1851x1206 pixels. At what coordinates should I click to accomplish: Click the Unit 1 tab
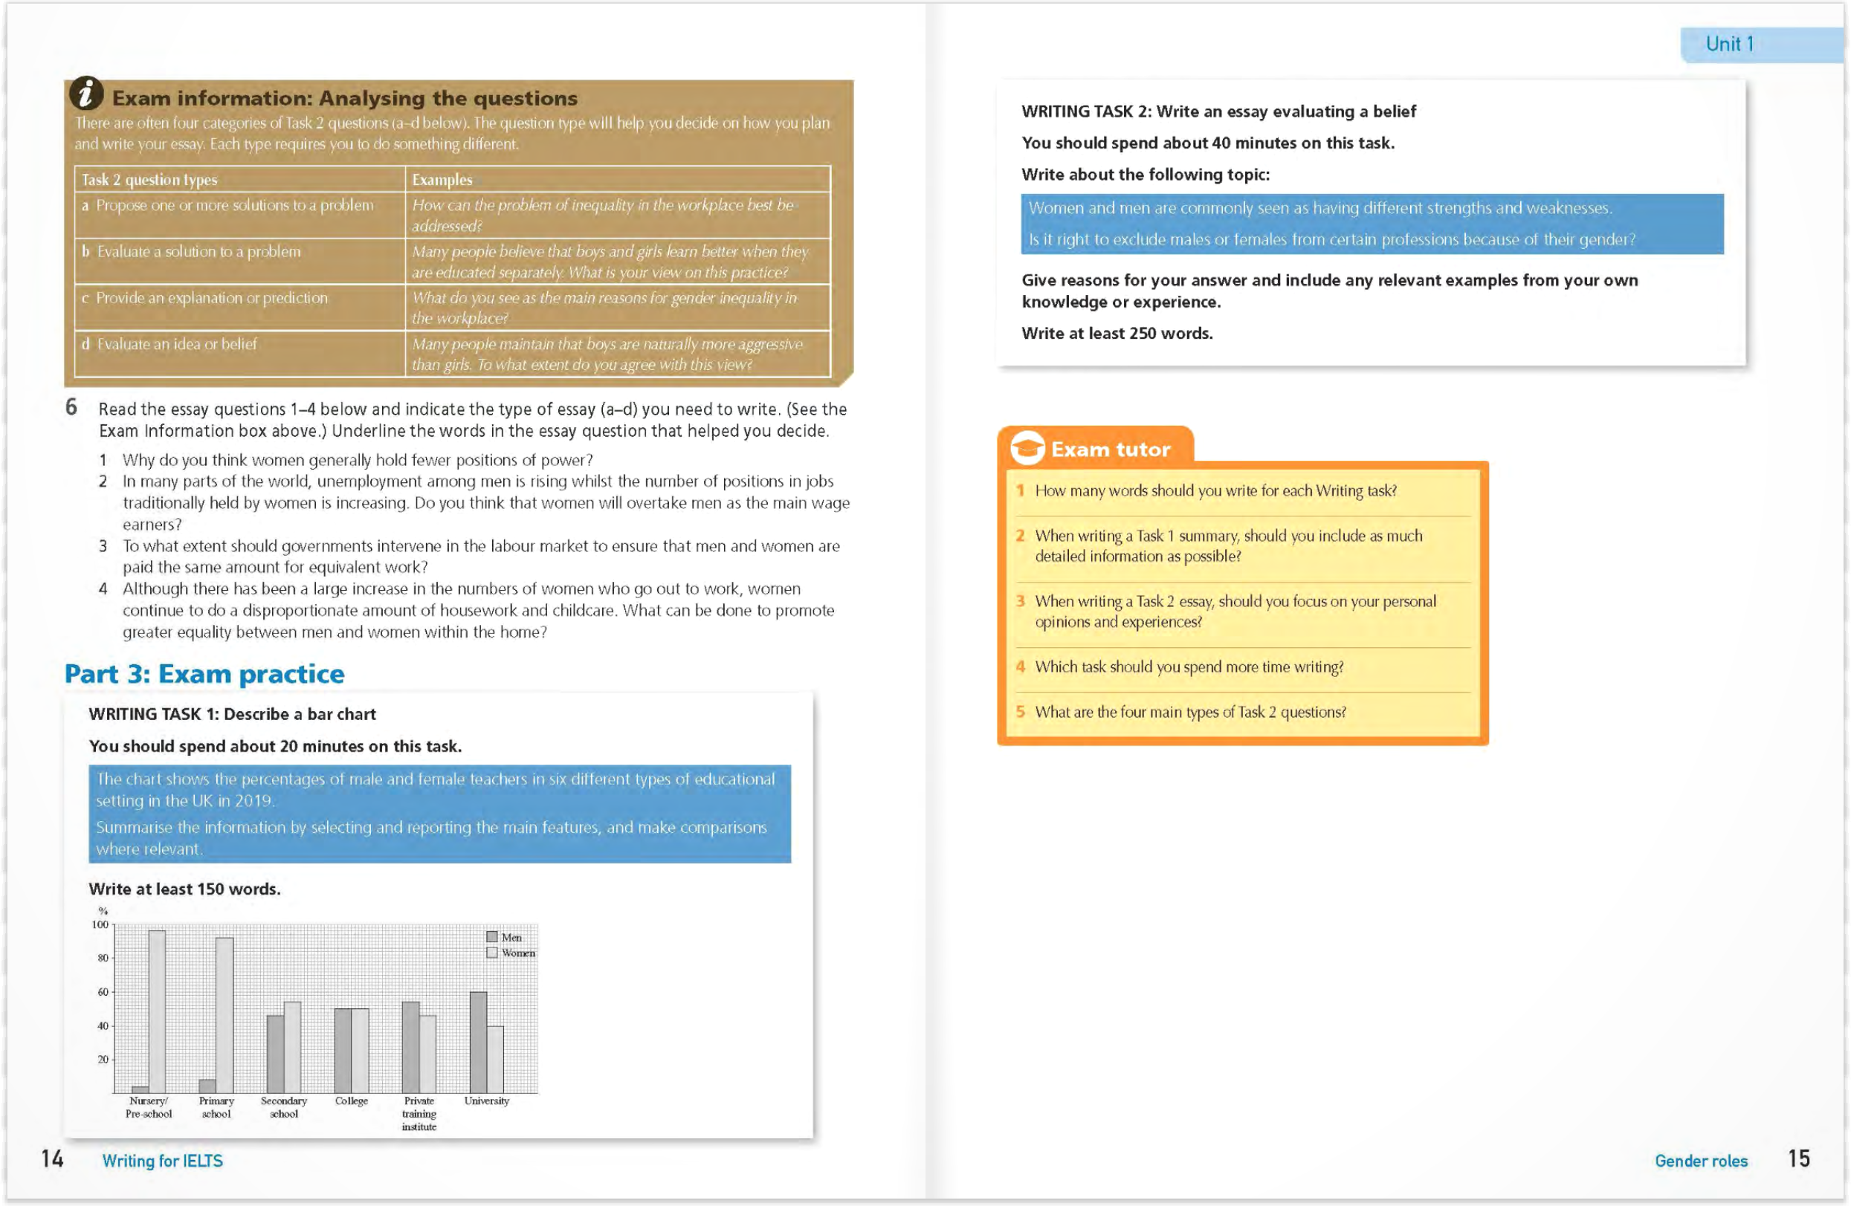[1730, 45]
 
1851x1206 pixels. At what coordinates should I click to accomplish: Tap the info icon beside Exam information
[86, 94]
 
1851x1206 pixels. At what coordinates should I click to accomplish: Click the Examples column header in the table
[442, 180]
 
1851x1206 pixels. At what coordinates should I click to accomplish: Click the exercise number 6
[71, 407]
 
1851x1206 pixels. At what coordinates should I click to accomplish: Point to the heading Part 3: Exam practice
[204, 673]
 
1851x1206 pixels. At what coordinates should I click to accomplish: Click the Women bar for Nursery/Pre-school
[157, 1011]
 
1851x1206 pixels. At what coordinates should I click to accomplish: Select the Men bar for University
[478, 1042]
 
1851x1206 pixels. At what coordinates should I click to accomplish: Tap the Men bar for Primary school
[207, 1086]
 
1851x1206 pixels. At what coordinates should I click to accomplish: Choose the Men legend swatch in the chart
[491, 937]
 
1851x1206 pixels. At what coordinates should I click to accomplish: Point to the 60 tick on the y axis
[103, 992]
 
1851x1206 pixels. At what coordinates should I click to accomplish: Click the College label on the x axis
[352, 1101]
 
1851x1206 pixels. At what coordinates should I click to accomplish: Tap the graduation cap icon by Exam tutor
[1027, 449]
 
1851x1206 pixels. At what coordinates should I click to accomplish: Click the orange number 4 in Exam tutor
[1021, 667]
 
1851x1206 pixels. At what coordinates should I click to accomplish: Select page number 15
[1798, 1158]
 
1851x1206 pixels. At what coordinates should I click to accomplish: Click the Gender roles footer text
[1701, 1161]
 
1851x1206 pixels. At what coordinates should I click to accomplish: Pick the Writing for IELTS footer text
[163, 1161]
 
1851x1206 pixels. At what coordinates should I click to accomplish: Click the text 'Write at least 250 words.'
[1117, 334]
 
